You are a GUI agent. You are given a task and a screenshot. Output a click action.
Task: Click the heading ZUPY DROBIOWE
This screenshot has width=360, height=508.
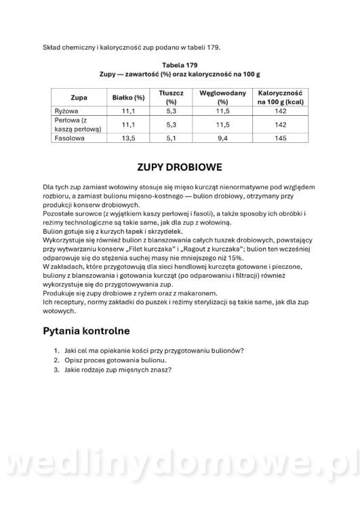(x=180, y=167)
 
